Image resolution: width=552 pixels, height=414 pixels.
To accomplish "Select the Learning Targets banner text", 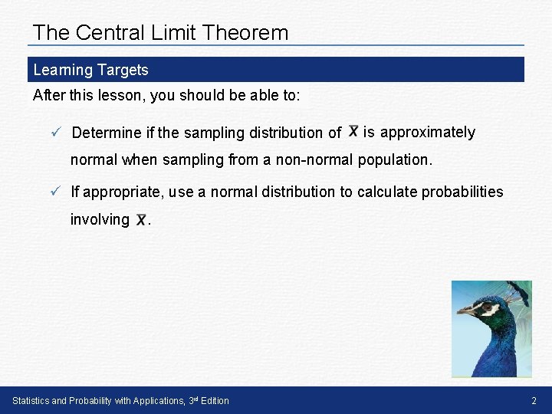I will click(90, 70).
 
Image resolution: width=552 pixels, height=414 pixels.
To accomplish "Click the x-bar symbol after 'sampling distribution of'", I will click(353, 131).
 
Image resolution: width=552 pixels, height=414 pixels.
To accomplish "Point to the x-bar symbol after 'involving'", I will click(141, 220).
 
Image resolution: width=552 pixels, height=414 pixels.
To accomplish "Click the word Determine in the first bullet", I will click(107, 133).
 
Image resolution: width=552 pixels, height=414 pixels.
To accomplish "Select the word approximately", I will click(428, 132).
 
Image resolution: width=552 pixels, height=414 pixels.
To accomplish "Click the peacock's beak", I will click(464, 311).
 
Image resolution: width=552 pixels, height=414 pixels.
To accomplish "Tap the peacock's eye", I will click(483, 304).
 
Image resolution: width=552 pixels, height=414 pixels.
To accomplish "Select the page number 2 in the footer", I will click(534, 401).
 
